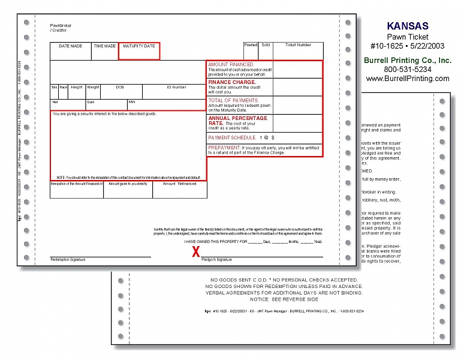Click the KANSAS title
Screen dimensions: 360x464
(x=407, y=26)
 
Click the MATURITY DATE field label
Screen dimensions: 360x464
(x=138, y=46)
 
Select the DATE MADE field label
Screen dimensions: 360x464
(x=70, y=46)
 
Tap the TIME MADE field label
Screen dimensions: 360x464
(x=105, y=46)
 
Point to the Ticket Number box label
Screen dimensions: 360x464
(x=298, y=45)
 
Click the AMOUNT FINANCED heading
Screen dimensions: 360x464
(x=231, y=64)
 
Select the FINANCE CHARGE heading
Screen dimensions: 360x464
(x=232, y=82)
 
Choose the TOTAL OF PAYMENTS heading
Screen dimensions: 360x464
(x=233, y=100)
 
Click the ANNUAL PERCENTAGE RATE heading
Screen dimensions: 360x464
(x=237, y=121)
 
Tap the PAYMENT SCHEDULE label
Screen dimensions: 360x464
(x=231, y=137)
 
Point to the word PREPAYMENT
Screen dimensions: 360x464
(x=224, y=147)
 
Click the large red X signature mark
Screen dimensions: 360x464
(x=195, y=252)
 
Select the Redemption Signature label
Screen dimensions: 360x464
(x=68, y=260)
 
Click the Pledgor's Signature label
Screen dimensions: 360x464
(x=216, y=260)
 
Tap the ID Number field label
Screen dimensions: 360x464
(x=176, y=88)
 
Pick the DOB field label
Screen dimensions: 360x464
(x=120, y=88)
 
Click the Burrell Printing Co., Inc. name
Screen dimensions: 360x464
(x=408, y=61)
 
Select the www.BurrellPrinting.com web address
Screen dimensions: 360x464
(x=408, y=79)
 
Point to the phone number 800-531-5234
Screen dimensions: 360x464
(x=408, y=70)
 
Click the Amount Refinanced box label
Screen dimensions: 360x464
(x=179, y=184)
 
